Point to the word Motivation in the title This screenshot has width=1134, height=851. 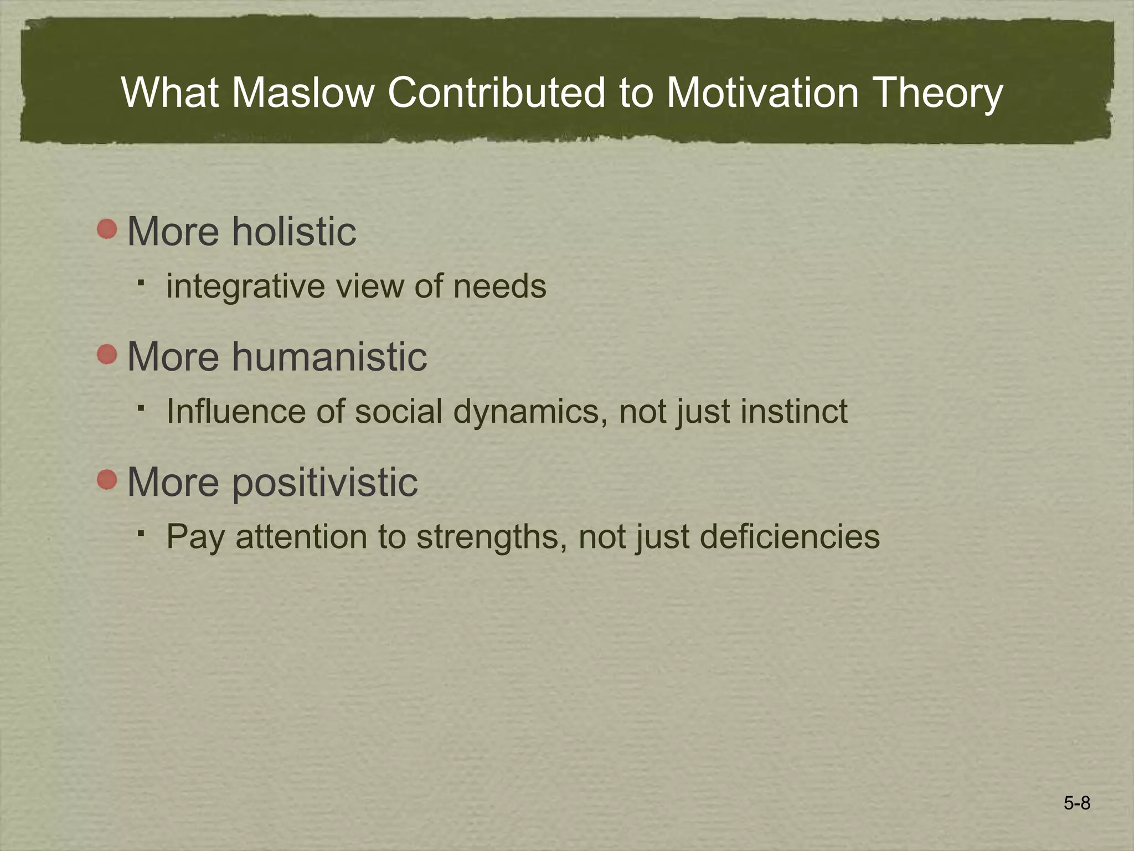(762, 93)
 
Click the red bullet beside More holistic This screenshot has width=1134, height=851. (107, 229)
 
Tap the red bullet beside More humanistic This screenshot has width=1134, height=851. (107, 355)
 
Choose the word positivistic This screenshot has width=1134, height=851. (325, 482)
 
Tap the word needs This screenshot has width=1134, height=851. (499, 287)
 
